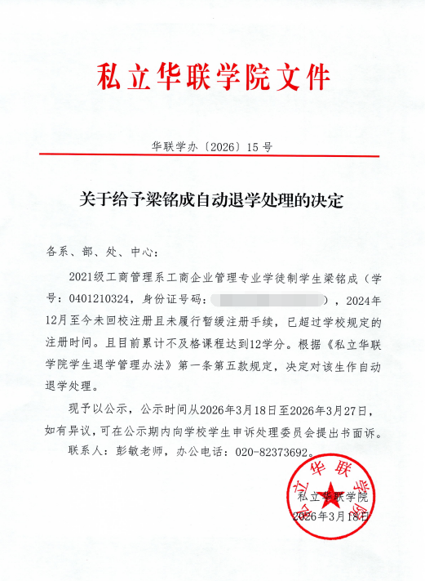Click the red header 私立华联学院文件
[214, 77]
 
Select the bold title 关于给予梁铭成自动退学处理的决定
[212, 199]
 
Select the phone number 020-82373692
[269, 452]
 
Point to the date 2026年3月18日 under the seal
[330, 516]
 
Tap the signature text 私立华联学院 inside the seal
[334, 497]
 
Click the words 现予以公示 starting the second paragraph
[93, 409]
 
